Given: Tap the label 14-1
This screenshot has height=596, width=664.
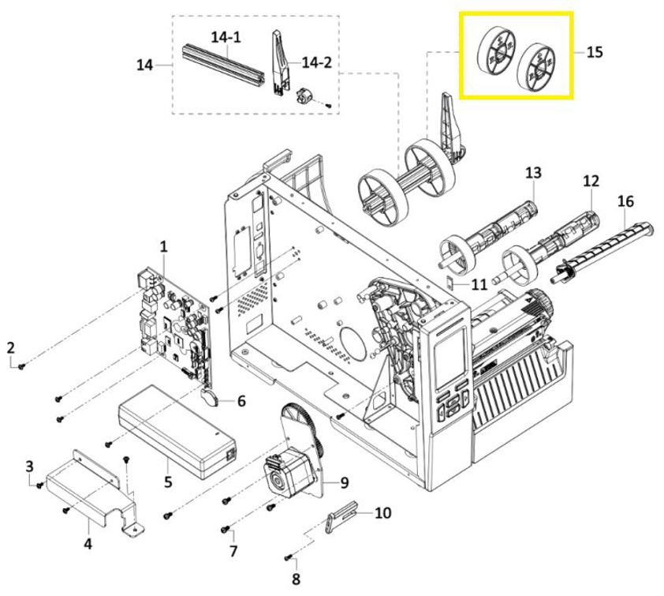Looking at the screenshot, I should click(225, 36).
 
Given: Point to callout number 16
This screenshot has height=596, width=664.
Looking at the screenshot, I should click(625, 201).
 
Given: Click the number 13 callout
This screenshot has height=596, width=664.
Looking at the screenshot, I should click(534, 172).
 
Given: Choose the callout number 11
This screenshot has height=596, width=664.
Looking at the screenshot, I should click(479, 283).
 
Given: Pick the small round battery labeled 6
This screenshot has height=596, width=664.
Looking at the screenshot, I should click(211, 397).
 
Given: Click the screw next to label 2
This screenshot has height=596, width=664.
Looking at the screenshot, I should click(23, 365).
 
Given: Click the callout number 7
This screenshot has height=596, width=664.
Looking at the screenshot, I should click(233, 549).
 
